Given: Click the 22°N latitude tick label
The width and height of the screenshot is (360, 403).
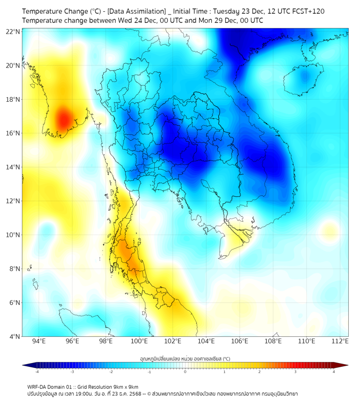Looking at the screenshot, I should tap(13, 32).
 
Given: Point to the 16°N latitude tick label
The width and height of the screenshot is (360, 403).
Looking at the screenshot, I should tap(13, 133).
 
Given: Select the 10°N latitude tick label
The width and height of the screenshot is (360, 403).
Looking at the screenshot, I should tap(13, 235).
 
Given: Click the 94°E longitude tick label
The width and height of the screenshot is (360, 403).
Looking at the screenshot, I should tap(39, 341).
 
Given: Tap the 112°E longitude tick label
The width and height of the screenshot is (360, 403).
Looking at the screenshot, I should tap(340, 341).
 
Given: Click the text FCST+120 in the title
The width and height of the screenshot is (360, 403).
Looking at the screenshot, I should tap(305, 11).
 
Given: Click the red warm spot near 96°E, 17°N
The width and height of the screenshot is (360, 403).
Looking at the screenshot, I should tap(63, 118).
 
